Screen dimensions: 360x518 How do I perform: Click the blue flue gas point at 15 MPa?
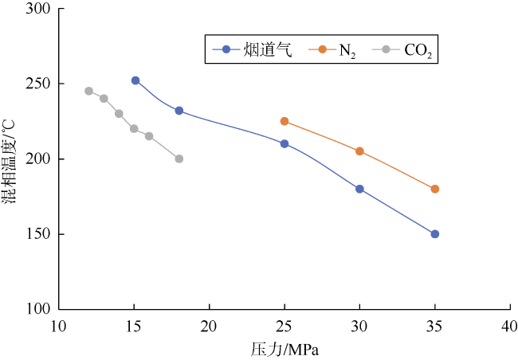pos(135,80)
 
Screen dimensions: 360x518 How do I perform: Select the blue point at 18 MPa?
pos(179,111)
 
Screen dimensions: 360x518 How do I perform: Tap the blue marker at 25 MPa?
pos(285,143)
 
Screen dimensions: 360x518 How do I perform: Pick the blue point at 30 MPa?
pos(359,189)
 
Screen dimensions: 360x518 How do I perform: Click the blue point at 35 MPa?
pos(434,234)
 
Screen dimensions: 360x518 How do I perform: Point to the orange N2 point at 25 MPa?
pos(285,121)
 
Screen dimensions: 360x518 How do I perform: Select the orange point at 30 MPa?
pos(359,151)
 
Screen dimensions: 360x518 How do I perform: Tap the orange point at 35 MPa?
pos(434,189)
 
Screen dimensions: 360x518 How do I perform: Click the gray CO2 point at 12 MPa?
pos(88,91)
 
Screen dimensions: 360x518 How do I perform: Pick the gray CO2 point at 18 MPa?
pos(179,158)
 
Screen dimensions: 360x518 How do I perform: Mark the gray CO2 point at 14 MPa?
pos(119,114)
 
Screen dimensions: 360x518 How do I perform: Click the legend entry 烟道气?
pos(267,50)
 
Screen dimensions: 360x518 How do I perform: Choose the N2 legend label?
pos(347,51)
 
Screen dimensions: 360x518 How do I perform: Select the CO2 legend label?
pos(418,51)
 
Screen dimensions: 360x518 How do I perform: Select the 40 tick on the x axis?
pos(509,326)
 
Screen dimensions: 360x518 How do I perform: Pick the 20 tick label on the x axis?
pos(209,326)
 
